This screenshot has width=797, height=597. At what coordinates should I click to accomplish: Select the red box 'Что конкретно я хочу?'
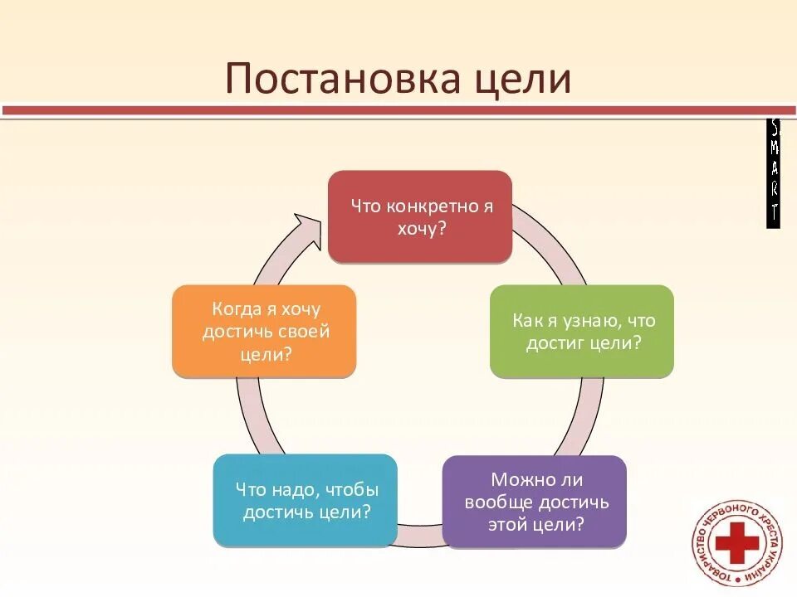(419, 217)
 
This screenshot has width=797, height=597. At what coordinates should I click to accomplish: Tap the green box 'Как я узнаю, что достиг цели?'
(581, 332)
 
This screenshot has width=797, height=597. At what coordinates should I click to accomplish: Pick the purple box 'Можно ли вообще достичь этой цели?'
(534, 502)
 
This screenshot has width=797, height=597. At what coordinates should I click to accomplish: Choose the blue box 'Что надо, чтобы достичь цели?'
(305, 500)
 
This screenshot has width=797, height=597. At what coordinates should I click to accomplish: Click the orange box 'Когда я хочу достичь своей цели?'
(264, 332)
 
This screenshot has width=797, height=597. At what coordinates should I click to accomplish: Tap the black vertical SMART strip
(773, 173)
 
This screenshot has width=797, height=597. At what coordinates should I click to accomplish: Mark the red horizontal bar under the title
(398, 110)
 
